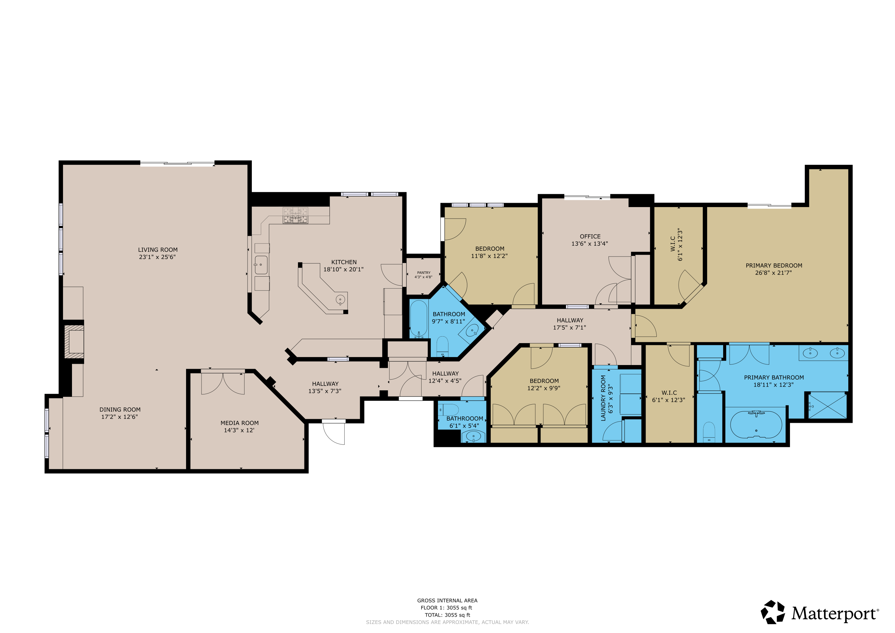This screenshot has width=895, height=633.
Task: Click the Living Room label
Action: click(158, 250)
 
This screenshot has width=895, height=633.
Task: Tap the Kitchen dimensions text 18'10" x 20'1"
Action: click(343, 269)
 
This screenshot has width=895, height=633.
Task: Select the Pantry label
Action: click(424, 273)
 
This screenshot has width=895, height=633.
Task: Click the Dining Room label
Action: click(120, 410)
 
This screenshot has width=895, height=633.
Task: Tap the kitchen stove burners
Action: click(295, 215)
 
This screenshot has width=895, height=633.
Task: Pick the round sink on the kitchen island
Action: click(340, 300)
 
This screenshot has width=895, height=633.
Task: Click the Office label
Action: click(590, 236)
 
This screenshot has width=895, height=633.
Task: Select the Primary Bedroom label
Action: click(774, 266)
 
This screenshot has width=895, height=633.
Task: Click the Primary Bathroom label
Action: click(774, 377)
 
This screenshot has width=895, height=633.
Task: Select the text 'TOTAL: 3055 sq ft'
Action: click(448, 615)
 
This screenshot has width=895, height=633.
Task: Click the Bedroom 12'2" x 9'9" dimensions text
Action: click(544, 388)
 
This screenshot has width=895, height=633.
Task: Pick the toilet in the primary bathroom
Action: click(709, 433)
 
